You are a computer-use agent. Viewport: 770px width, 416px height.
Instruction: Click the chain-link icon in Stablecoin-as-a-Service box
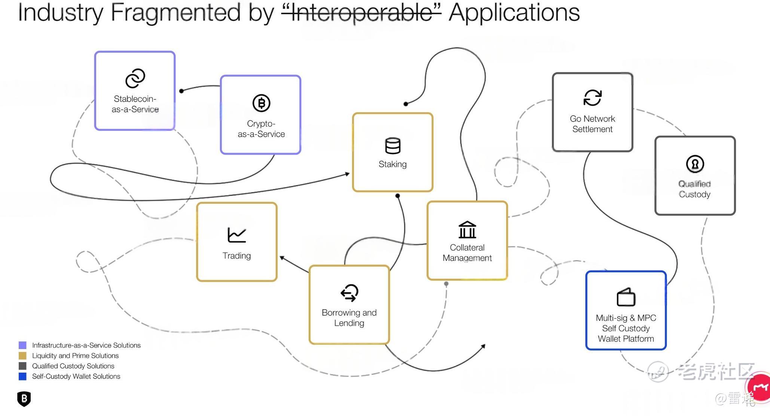click(x=135, y=78)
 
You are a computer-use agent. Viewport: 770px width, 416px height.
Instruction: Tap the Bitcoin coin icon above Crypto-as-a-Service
click(x=261, y=103)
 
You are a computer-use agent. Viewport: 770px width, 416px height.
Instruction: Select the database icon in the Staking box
click(x=392, y=146)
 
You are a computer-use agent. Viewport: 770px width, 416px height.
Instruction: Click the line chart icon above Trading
click(x=236, y=235)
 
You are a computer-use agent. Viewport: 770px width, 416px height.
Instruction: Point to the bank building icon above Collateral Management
click(x=467, y=230)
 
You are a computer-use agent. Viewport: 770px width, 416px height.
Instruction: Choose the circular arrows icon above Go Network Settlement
click(x=592, y=98)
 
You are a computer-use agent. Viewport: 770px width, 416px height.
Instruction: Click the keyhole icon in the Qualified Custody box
click(x=695, y=164)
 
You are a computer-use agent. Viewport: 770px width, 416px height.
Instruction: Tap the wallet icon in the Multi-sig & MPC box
click(x=626, y=297)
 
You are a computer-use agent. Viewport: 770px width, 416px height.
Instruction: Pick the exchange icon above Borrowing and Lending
click(x=349, y=293)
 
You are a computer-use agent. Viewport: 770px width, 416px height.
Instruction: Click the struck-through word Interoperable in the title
click(x=361, y=13)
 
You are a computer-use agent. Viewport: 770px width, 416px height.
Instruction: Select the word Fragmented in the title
click(x=175, y=13)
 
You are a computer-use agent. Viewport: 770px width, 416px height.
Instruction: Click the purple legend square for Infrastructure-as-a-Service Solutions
click(x=22, y=345)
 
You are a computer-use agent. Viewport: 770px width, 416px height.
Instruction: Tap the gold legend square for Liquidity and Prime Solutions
click(x=22, y=355)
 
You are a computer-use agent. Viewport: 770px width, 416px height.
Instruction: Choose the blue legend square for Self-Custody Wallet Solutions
click(x=22, y=376)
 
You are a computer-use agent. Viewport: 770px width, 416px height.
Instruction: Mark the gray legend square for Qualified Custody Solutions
click(x=22, y=366)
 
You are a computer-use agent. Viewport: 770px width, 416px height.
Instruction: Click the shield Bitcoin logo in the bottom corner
click(x=24, y=399)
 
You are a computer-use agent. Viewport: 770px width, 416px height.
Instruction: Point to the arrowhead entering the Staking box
click(x=347, y=174)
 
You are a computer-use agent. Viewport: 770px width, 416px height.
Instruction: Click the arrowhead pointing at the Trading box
click(x=282, y=258)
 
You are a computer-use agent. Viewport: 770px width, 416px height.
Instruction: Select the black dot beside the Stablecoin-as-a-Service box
click(x=181, y=91)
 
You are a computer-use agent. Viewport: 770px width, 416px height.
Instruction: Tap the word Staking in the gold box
click(x=392, y=164)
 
